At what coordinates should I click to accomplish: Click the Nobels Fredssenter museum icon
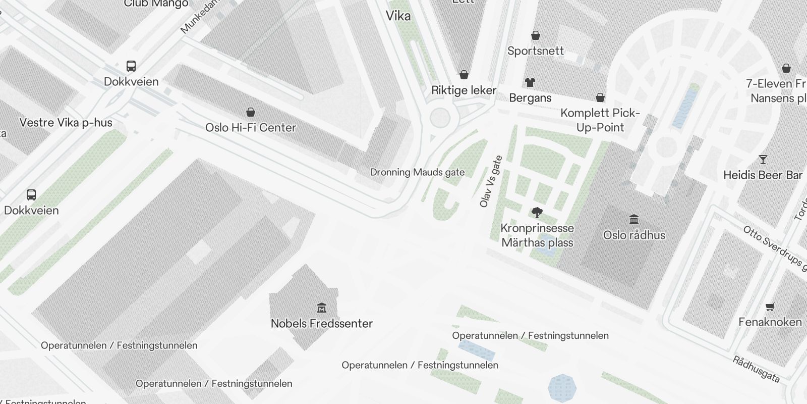[x=322, y=308]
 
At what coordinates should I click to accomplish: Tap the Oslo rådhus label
[x=634, y=235]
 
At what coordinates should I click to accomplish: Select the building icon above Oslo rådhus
[x=634, y=219]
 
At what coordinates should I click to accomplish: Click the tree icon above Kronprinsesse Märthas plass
[x=537, y=213]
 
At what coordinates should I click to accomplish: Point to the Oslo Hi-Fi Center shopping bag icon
[x=251, y=112]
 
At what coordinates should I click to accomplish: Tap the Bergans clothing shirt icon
[x=530, y=82]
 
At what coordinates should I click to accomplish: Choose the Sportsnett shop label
[x=535, y=50]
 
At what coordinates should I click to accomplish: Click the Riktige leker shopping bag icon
[x=464, y=75]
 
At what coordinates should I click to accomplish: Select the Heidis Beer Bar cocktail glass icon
[x=763, y=160]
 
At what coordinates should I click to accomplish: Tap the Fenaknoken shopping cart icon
[x=770, y=307]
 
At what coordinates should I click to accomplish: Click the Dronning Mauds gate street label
[x=417, y=172]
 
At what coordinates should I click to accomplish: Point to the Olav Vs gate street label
[x=491, y=181]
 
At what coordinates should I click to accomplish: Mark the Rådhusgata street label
[x=756, y=369]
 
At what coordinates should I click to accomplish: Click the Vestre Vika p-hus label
[x=66, y=122]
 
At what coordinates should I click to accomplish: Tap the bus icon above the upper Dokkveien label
[x=131, y=66]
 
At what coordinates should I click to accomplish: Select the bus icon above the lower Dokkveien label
[x=31, y=194]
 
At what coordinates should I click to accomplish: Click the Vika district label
[x=398, y=16]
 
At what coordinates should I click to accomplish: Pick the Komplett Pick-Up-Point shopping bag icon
[x=600, y=97]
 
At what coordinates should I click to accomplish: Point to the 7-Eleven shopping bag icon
[x=786, y=68]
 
